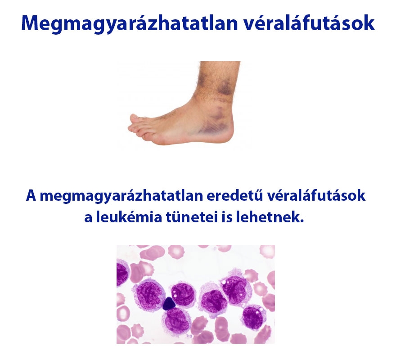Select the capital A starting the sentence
click(x=31, y=197)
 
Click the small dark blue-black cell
click(x=168, y=304)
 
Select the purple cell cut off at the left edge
click(x=121, y=274)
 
